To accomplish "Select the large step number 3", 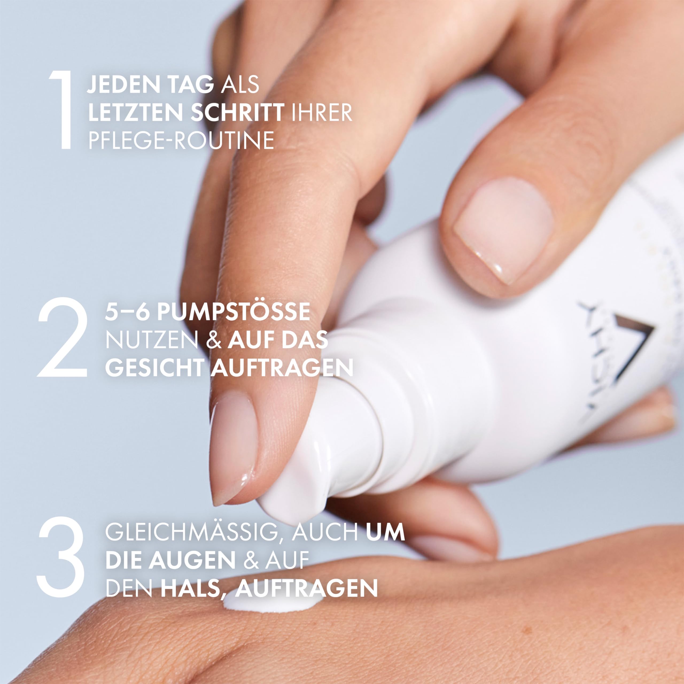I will coord(61,556).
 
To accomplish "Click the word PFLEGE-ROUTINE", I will coord(181,140).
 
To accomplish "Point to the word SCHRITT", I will coord(237,112).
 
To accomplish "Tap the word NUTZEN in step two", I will coord(151,340).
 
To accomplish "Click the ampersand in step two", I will coord(214,340).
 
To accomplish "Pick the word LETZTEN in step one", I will coord(136,112).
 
